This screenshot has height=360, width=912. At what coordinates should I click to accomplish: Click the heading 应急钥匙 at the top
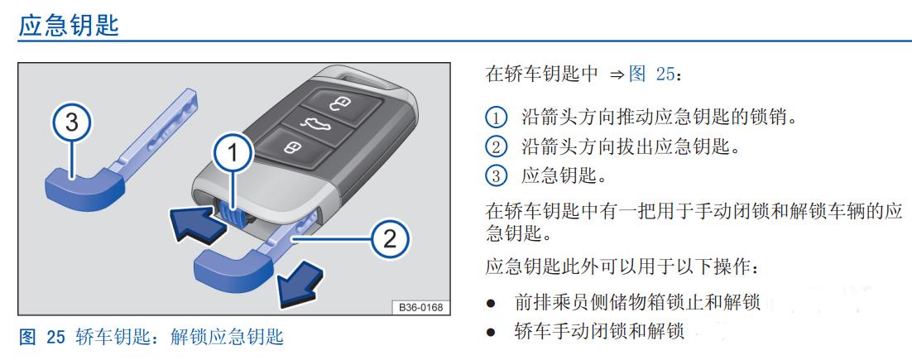point(69,25)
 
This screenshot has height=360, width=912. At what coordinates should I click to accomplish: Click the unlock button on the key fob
point(340,104)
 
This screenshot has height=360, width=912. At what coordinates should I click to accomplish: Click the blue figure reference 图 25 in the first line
point(651,74)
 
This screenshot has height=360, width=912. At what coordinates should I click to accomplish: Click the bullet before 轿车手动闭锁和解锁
point(492,332)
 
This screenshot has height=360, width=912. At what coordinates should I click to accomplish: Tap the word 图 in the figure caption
point(26,337)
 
